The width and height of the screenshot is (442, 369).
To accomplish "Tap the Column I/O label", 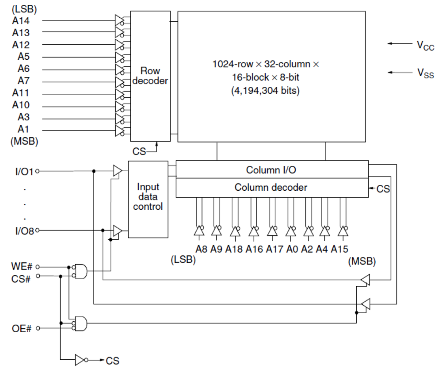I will click(x=271, y=169).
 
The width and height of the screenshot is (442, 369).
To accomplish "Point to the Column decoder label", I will click(x=271, y=187).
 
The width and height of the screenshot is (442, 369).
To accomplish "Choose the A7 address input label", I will click(x=23, y=81).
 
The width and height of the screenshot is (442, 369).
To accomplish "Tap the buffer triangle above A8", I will click(x=198, y=231).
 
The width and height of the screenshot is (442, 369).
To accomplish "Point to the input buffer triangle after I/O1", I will click(x=118, y=171).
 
